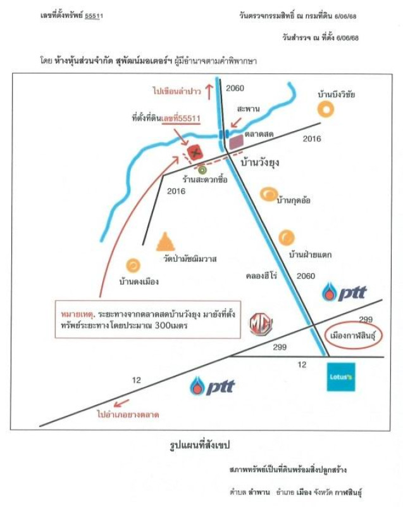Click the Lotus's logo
341,376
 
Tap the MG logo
260,324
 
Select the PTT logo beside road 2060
344,293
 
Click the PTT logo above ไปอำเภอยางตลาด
213,385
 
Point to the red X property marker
195,151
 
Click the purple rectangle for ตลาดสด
236,143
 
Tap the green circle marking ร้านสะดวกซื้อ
202,170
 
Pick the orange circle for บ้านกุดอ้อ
268,194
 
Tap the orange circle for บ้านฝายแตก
286,238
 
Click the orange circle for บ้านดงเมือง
133,265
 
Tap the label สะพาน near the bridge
248,109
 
